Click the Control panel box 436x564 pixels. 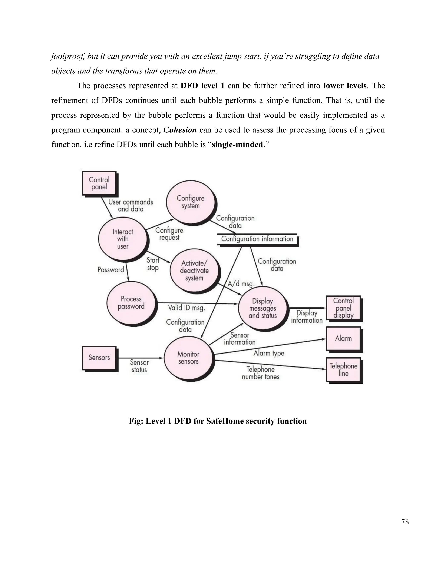tap(99, 183)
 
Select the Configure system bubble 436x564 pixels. tap(190, 202)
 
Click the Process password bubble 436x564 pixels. tap(131, 303)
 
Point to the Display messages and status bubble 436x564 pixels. tap(263, 308)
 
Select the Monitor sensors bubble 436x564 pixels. tap(188, 358)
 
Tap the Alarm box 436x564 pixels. tap(343, 338)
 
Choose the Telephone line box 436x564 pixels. tap(343, 369)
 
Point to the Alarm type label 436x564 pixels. tap(269, 353)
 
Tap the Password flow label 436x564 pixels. tap(111, 270)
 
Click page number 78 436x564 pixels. tap(405, 522)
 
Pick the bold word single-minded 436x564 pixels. tap(237, 145)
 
